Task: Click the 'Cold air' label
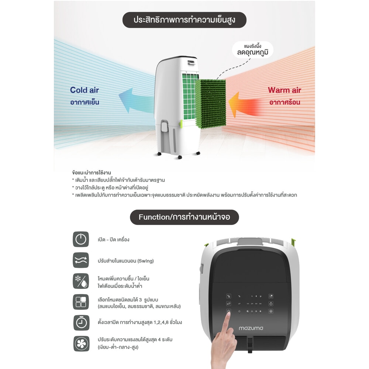tap(84, 90)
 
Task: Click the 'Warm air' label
tap(284, 90)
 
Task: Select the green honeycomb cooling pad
tap(210, 104)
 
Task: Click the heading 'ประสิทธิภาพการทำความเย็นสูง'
tap(184, 20)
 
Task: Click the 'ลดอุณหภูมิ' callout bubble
tap(252, 50)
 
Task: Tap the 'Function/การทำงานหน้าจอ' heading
tap(184, 217)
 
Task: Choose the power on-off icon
tap(81, 239)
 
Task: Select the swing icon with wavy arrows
tap(81, 260)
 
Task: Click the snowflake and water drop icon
tap(81, 281)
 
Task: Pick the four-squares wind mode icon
tap(81, 302)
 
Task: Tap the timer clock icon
tap(81, 323)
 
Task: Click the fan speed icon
tap(81, 344)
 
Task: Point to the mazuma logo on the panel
tap(251, 328)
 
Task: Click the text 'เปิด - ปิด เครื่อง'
tap(113, 239)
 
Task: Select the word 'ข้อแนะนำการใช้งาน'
tap(92, 172)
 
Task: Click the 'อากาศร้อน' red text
tap(284, 102)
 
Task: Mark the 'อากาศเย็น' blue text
tap(85, 102)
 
